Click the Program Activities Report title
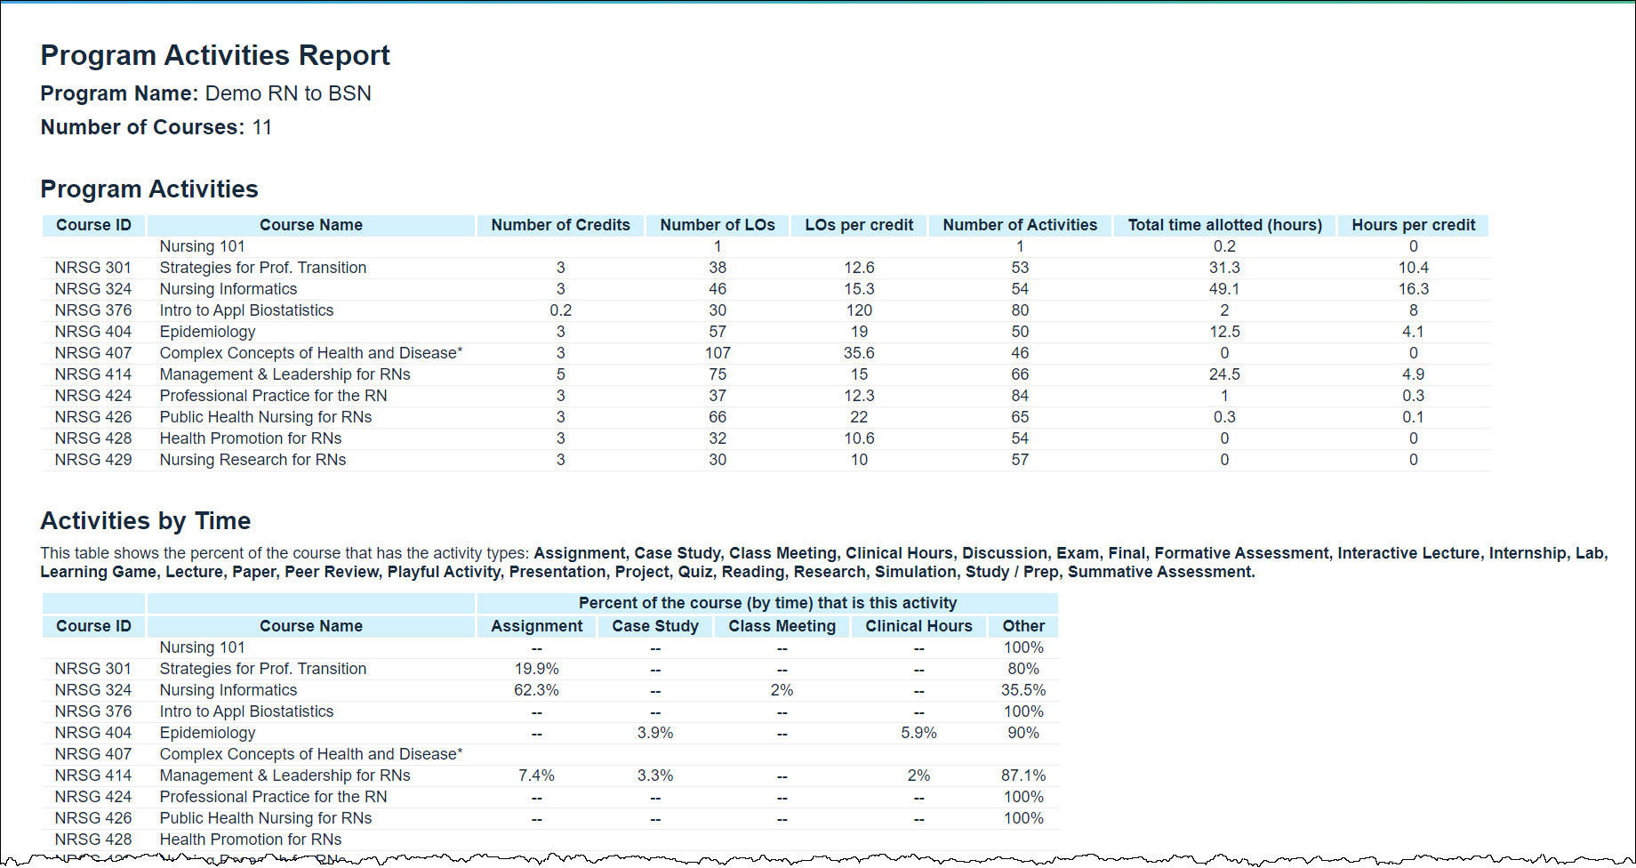[215, 55]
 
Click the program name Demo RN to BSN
[288, 93]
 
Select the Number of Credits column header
[560, 225]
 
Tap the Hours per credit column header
[1413, 225]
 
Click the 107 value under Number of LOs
[718, 353]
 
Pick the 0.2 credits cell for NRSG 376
[560, 310]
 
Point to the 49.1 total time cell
[1224, 289]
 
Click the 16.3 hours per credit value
[1413, 289]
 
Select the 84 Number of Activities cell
[1020, 396]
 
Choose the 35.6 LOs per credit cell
[859, 353]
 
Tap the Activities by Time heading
[146, 521]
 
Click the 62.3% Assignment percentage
[536, 690]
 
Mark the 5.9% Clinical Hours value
[918, 733]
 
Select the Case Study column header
[655, 626]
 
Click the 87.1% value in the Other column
[1023, 776]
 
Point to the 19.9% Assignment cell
[536, 669]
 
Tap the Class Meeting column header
[782, 626]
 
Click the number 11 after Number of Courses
[261, 127]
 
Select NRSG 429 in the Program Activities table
[93, 460]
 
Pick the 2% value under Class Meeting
[782, 690]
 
